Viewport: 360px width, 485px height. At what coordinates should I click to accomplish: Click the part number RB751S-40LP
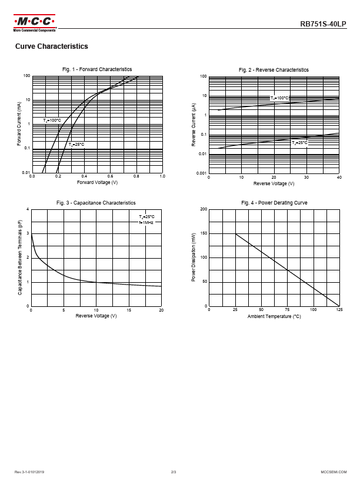324,25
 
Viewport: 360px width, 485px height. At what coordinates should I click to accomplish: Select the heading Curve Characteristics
52,46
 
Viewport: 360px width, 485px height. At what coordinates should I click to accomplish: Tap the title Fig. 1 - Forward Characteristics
97,69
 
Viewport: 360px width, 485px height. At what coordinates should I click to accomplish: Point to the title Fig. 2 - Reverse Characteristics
274,70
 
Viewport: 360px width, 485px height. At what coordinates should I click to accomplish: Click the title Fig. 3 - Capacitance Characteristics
96,203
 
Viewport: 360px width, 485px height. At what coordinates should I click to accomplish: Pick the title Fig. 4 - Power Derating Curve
274,203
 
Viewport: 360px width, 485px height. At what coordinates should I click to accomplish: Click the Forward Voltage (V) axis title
98,182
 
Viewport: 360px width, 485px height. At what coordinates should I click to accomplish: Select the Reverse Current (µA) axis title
194,124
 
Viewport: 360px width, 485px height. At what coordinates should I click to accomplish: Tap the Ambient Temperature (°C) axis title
274,316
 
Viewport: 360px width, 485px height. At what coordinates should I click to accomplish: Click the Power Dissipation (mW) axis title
194,257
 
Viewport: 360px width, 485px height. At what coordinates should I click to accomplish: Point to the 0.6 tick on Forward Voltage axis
111,176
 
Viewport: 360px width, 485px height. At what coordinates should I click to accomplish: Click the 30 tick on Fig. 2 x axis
306,177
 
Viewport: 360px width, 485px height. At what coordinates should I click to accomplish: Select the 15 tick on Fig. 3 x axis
129,310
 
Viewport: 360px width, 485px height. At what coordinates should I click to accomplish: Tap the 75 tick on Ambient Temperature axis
287,310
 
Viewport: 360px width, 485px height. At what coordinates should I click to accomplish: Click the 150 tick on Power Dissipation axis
204,233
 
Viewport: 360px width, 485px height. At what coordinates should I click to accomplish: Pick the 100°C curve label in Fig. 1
52,121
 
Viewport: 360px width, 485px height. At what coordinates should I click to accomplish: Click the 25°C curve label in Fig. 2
300,143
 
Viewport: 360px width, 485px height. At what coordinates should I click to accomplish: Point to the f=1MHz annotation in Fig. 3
146,223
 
